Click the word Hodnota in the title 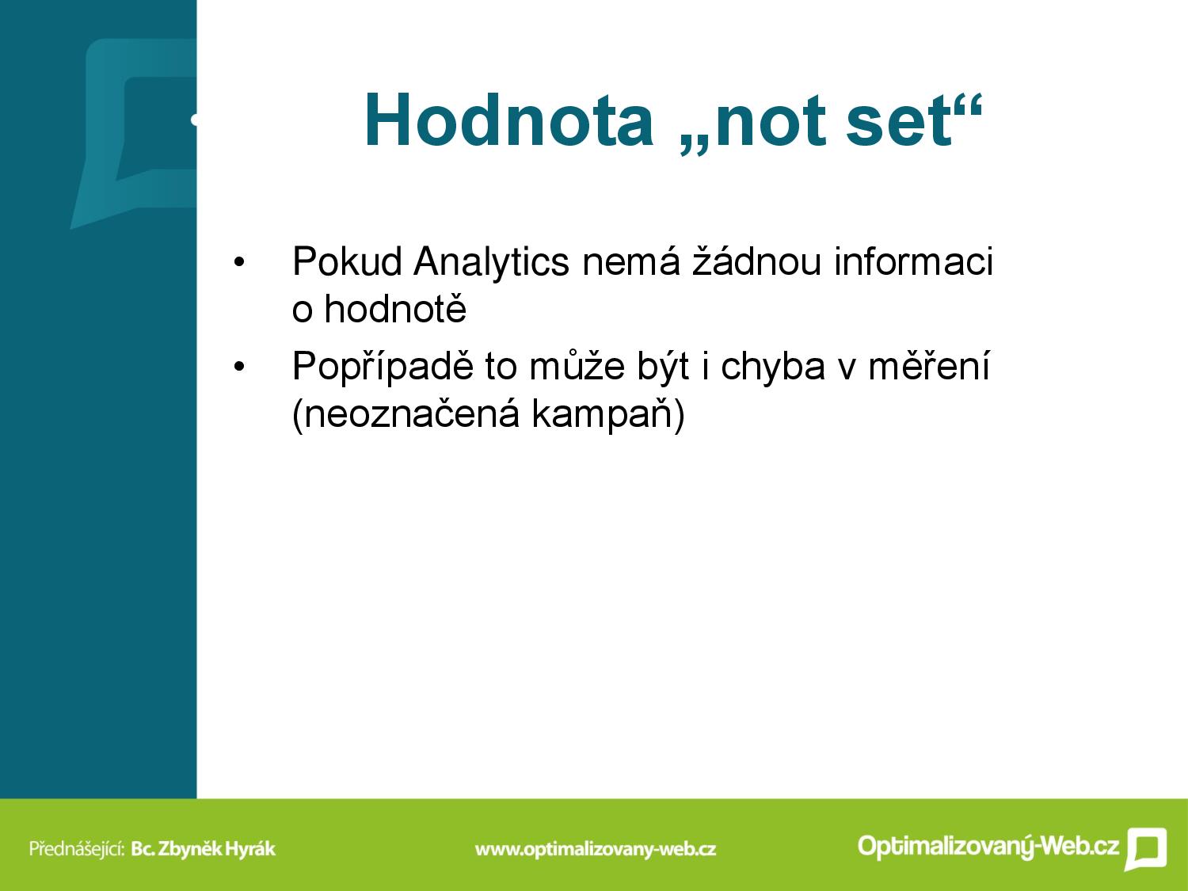click(508, 120)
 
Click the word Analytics click(491, 263)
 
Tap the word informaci click(914, 262)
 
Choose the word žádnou click(756, 262)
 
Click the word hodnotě click(395, 309)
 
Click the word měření click(929, 367)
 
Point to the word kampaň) click(608, 415)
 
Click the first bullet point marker click(239, 263)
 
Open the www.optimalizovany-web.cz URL click(596, 849)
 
